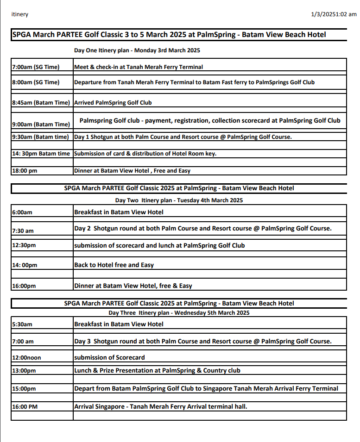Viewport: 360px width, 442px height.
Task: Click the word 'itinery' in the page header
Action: click(19, 14)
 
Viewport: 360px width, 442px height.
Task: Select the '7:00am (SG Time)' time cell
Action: click(36, 67)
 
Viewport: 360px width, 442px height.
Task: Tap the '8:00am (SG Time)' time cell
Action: click(36, 82)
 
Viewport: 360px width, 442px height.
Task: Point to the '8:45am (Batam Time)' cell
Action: click(41, 103)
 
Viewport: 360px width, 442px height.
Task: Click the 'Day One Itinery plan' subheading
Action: click(137, 50)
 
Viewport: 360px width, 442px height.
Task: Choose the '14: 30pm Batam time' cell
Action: click(41, 154)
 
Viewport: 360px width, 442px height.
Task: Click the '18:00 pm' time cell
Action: click(24, 171)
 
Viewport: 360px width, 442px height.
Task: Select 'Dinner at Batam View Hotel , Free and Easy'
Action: click(132, 171)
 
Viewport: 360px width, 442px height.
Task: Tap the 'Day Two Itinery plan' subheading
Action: click(179, 200)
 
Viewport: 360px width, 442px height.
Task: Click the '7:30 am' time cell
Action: click(23, 230)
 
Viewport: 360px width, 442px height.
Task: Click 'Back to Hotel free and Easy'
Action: click(114, 265)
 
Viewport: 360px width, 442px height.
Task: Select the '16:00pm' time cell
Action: click(25, 286)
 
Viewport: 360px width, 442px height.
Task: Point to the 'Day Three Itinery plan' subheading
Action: click(179, 313)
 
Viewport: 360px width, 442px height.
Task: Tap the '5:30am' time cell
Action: click(22, 324)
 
